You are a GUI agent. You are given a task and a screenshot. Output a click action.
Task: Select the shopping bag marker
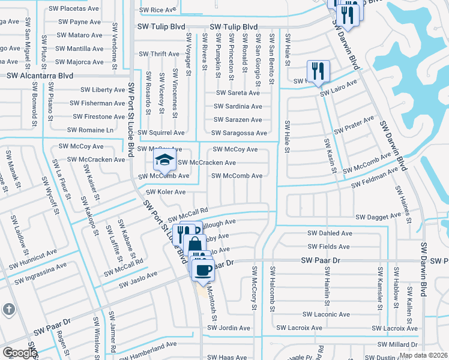click(194, 245)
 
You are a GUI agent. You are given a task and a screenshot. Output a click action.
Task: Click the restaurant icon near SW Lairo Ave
click(318, 71)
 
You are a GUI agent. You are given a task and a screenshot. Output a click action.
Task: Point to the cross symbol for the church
click(9, 309)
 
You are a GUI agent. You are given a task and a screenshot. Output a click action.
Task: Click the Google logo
click(20, 353)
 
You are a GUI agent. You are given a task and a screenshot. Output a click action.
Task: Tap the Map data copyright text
click(423, 355)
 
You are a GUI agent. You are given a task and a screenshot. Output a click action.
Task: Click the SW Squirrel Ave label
click(161, 133)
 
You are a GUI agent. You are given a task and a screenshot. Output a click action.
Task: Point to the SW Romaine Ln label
click(90, 130)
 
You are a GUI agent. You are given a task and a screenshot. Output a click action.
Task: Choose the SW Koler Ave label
click(166, 192)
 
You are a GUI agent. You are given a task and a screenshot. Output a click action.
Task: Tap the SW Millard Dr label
click(397, 344)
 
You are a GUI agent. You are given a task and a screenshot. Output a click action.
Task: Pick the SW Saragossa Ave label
click(240, 133)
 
